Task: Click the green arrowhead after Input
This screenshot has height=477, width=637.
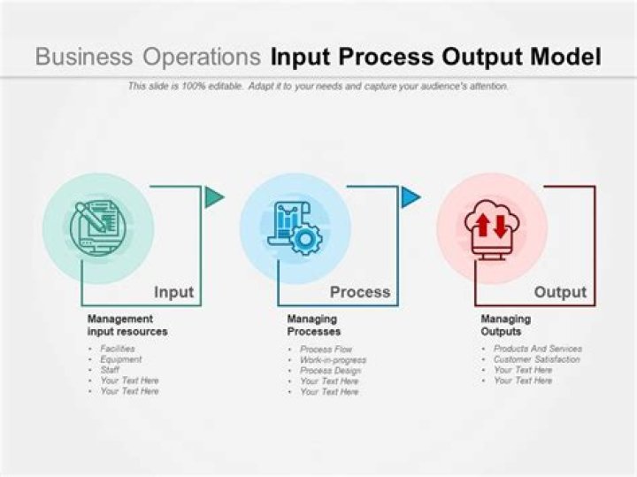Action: [213, 197]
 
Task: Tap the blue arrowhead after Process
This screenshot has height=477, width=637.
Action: [410, 197]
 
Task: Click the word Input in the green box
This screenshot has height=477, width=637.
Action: [174, 292]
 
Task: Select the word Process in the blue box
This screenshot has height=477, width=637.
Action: [360, 292]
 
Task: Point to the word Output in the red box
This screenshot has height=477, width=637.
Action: [560, 292]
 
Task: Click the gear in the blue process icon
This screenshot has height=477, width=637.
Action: [306, 239]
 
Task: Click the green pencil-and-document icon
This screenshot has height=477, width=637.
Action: [97, 228]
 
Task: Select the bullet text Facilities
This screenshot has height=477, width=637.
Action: [118, 349]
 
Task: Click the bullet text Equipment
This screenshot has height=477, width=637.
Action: [121, 359]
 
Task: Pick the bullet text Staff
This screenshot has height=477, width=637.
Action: [110, 370]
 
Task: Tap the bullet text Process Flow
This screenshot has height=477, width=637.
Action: [326, 349]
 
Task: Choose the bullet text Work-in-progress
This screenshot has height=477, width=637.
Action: [334, 359]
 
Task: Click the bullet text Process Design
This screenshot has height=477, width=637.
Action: [330, 371]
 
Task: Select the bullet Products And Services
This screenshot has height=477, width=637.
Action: [538, 349]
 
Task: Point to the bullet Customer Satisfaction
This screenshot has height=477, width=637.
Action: [537, 359]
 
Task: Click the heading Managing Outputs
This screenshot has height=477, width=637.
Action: [506, 325]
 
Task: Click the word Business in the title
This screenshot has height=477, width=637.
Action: [84, 57]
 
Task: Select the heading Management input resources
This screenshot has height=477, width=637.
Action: [127, 325]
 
